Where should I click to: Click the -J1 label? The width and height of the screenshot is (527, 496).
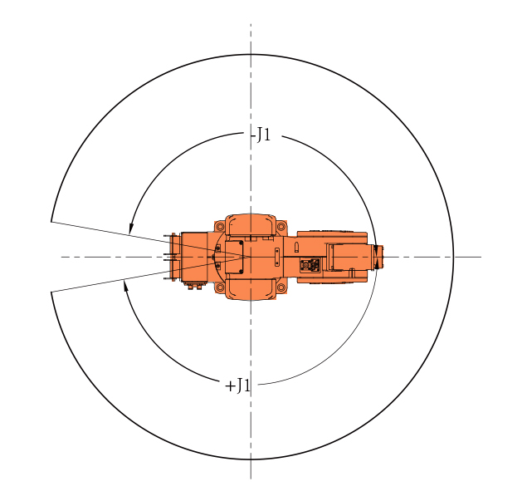[x=261, y=135]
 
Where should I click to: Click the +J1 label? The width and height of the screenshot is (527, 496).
[x=238, y=386]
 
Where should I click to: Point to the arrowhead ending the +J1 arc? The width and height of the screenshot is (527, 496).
[x=126, y=285]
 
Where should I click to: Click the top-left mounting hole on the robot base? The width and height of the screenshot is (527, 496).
[x=220, y=227]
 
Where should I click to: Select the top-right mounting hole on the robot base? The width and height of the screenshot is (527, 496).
[x=281, y=227]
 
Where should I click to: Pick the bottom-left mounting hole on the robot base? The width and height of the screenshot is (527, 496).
[x=220, y=287]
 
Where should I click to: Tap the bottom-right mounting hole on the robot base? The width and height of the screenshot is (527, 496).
[x=281, y=287]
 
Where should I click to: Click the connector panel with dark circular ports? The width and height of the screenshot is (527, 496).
[x=310, y=265]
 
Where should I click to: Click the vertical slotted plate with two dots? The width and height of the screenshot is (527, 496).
[x=277, y=257]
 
